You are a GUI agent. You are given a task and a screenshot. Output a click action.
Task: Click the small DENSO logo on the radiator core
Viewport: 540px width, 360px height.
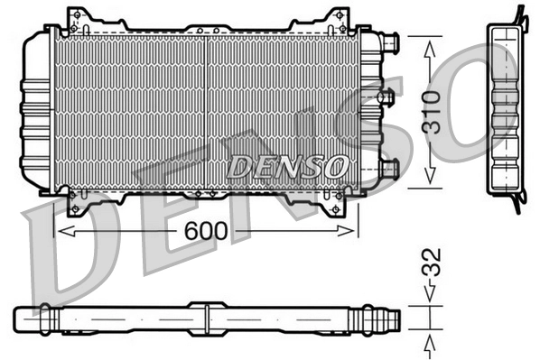(x=286, y=166)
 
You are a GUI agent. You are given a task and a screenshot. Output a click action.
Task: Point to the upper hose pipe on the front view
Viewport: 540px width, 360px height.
(x=388, y=42)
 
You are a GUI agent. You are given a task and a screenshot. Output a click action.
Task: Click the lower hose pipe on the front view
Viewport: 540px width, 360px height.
(x=388, y=167)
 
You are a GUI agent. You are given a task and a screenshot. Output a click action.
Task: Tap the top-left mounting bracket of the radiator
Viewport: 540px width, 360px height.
(x=79, y=18)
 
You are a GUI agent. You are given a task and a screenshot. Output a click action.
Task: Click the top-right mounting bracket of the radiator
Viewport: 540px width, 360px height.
(x=335, y=18)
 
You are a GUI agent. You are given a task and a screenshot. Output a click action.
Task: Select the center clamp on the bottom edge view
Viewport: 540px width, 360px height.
(x=207, y=318)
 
